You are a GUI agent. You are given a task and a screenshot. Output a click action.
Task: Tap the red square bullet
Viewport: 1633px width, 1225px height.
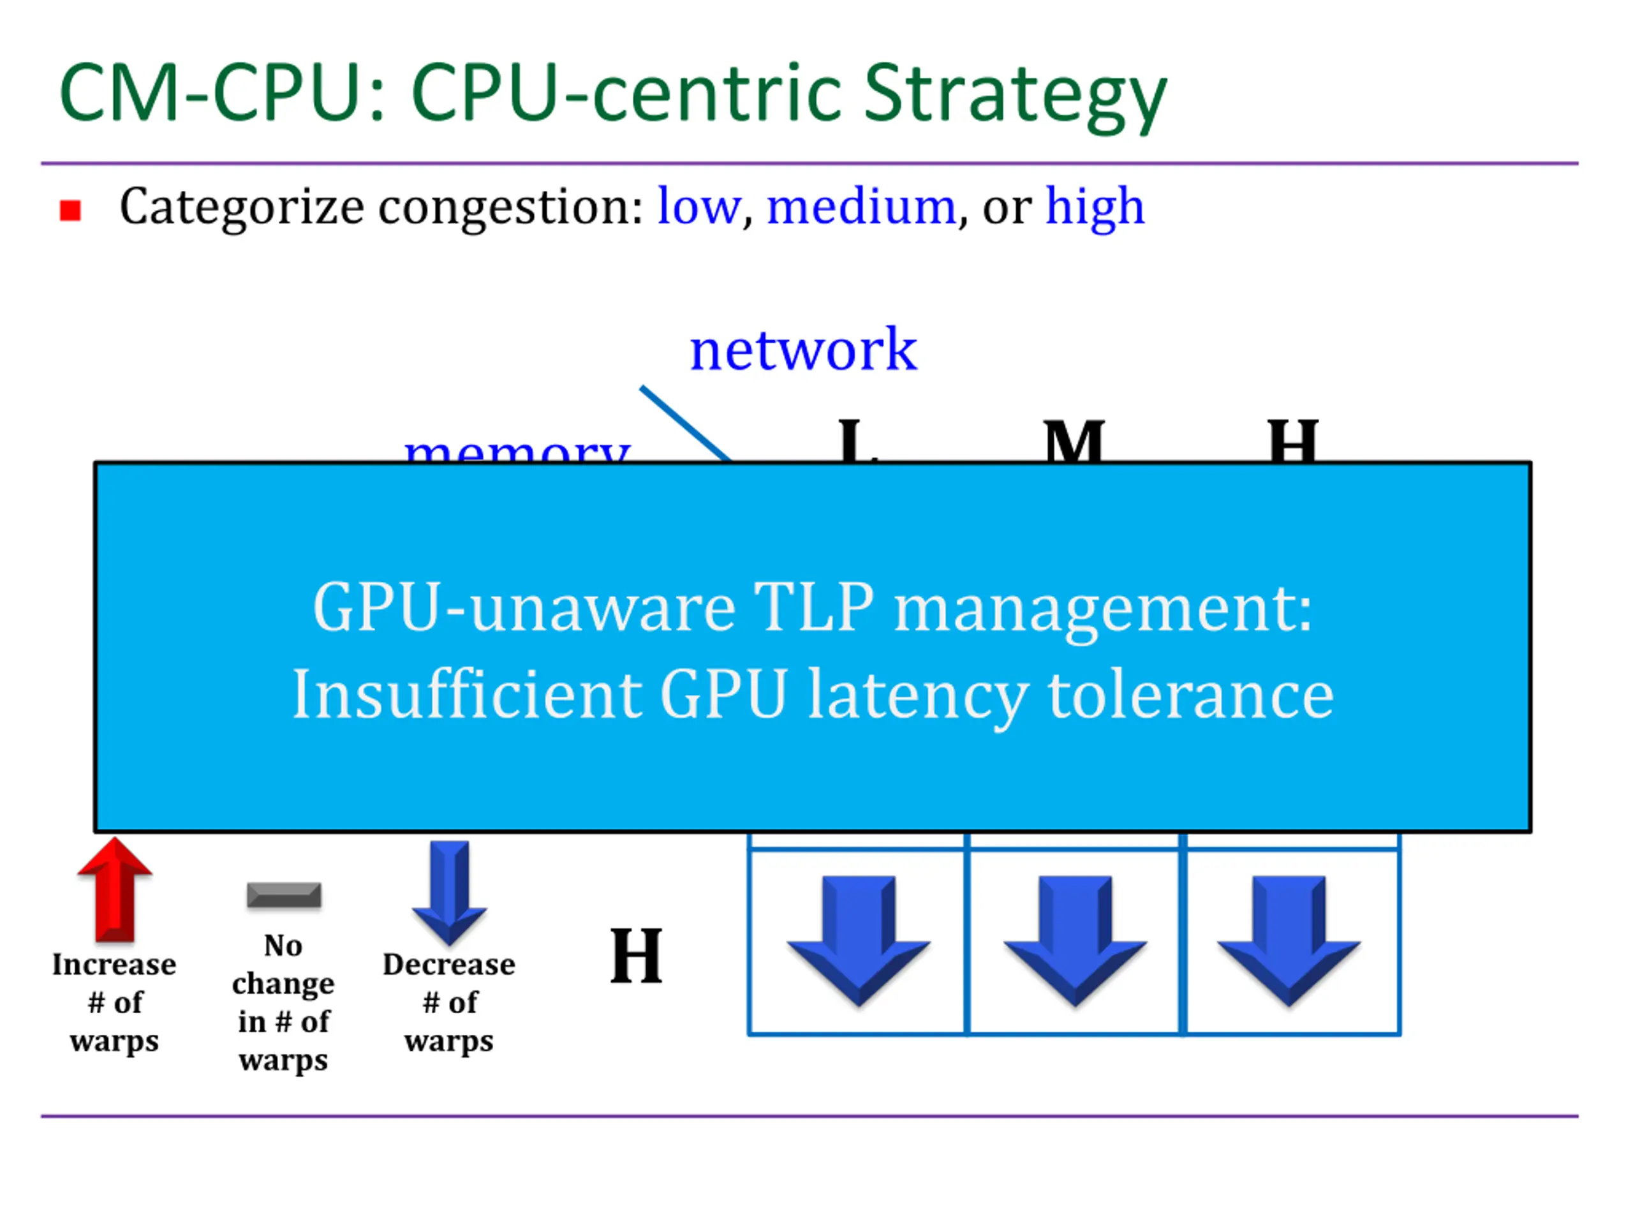(x=70, y=211)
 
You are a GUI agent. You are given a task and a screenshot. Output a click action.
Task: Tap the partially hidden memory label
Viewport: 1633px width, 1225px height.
(x=517, y=449)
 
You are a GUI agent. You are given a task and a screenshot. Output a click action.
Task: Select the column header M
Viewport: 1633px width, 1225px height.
(x=1074, y=442)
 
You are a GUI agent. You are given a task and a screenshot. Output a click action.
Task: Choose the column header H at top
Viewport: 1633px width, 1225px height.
(x=1292, y=442)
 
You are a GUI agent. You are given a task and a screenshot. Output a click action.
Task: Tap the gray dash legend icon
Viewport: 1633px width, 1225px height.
(x=284, y=895)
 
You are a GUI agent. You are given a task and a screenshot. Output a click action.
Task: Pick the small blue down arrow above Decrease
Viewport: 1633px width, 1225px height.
(x=450, y=892)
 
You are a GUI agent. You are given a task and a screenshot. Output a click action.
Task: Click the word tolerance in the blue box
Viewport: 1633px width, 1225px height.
(x=1190, y=695)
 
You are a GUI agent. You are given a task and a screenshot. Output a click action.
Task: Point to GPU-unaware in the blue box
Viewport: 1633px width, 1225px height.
(x=524, y=607)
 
